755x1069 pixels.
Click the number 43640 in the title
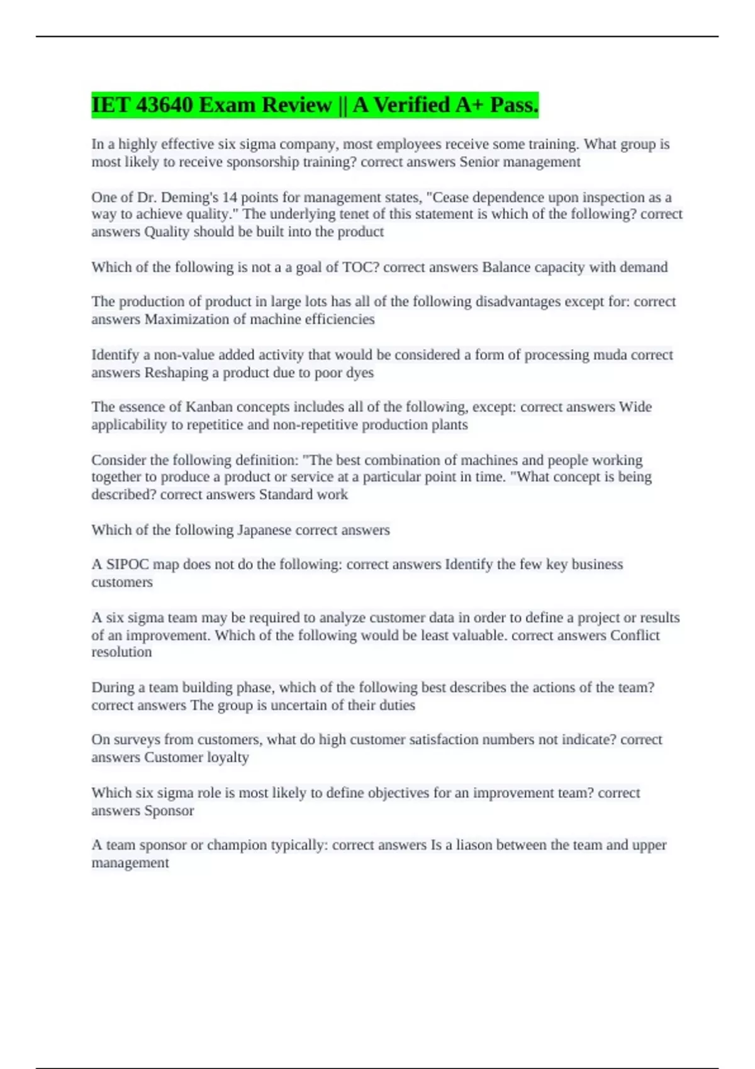[164, 105]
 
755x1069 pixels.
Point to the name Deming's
[189, 197]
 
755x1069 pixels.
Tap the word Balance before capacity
[505, 267]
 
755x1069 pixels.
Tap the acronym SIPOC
[127, 565]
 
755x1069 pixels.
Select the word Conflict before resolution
[635, 635]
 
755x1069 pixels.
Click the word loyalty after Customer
[228, 758]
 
